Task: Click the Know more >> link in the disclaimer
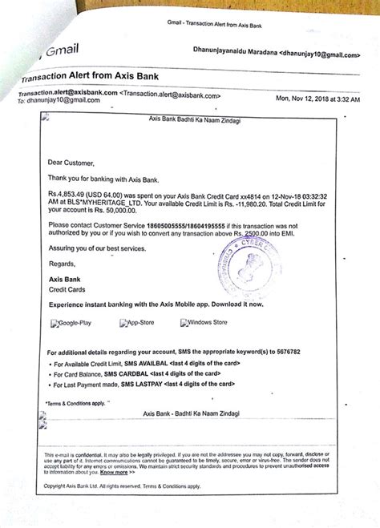[x=111, y=472]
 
